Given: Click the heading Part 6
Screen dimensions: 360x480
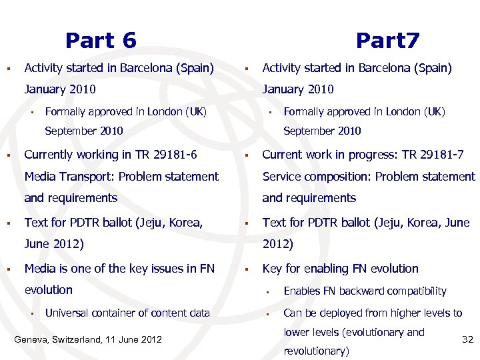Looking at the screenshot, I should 101,41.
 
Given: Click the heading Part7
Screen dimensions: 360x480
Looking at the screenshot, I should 387,41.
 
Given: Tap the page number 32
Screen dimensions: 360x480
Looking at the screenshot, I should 467,339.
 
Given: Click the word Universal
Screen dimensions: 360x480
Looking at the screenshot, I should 69,313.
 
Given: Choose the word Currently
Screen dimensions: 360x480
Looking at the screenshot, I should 49,155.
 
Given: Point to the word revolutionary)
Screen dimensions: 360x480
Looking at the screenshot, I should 316,351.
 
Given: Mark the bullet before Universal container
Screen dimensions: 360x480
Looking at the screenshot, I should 31,313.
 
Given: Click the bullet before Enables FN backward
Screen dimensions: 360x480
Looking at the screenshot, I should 270,291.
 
